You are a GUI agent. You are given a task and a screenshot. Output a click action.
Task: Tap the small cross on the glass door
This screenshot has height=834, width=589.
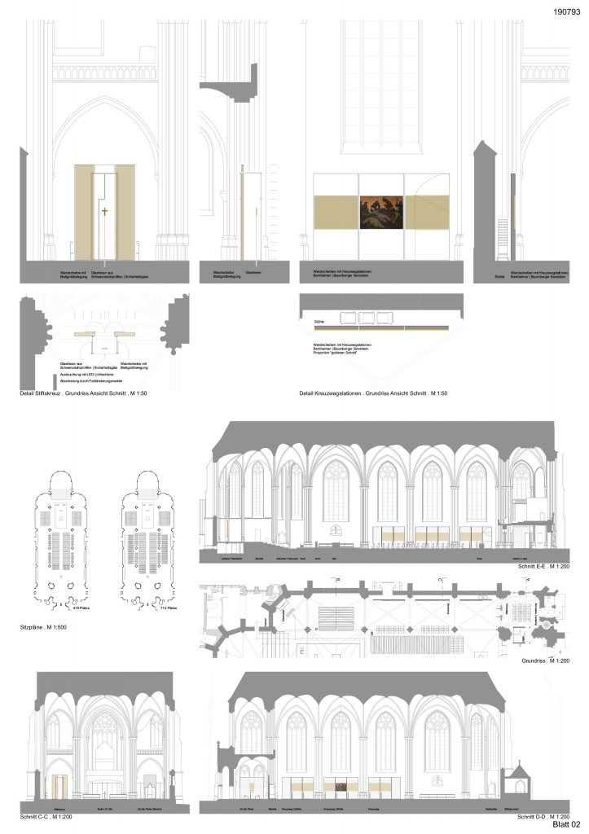pyautogui.click(x=104, y=212)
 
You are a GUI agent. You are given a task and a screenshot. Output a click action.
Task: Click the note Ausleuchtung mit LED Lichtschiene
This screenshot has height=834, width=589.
pyautogui.click(x=84, y=373)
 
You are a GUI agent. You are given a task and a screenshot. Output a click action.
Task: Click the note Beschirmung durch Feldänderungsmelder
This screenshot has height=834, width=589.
pyautogui.click(x=88, y=380)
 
